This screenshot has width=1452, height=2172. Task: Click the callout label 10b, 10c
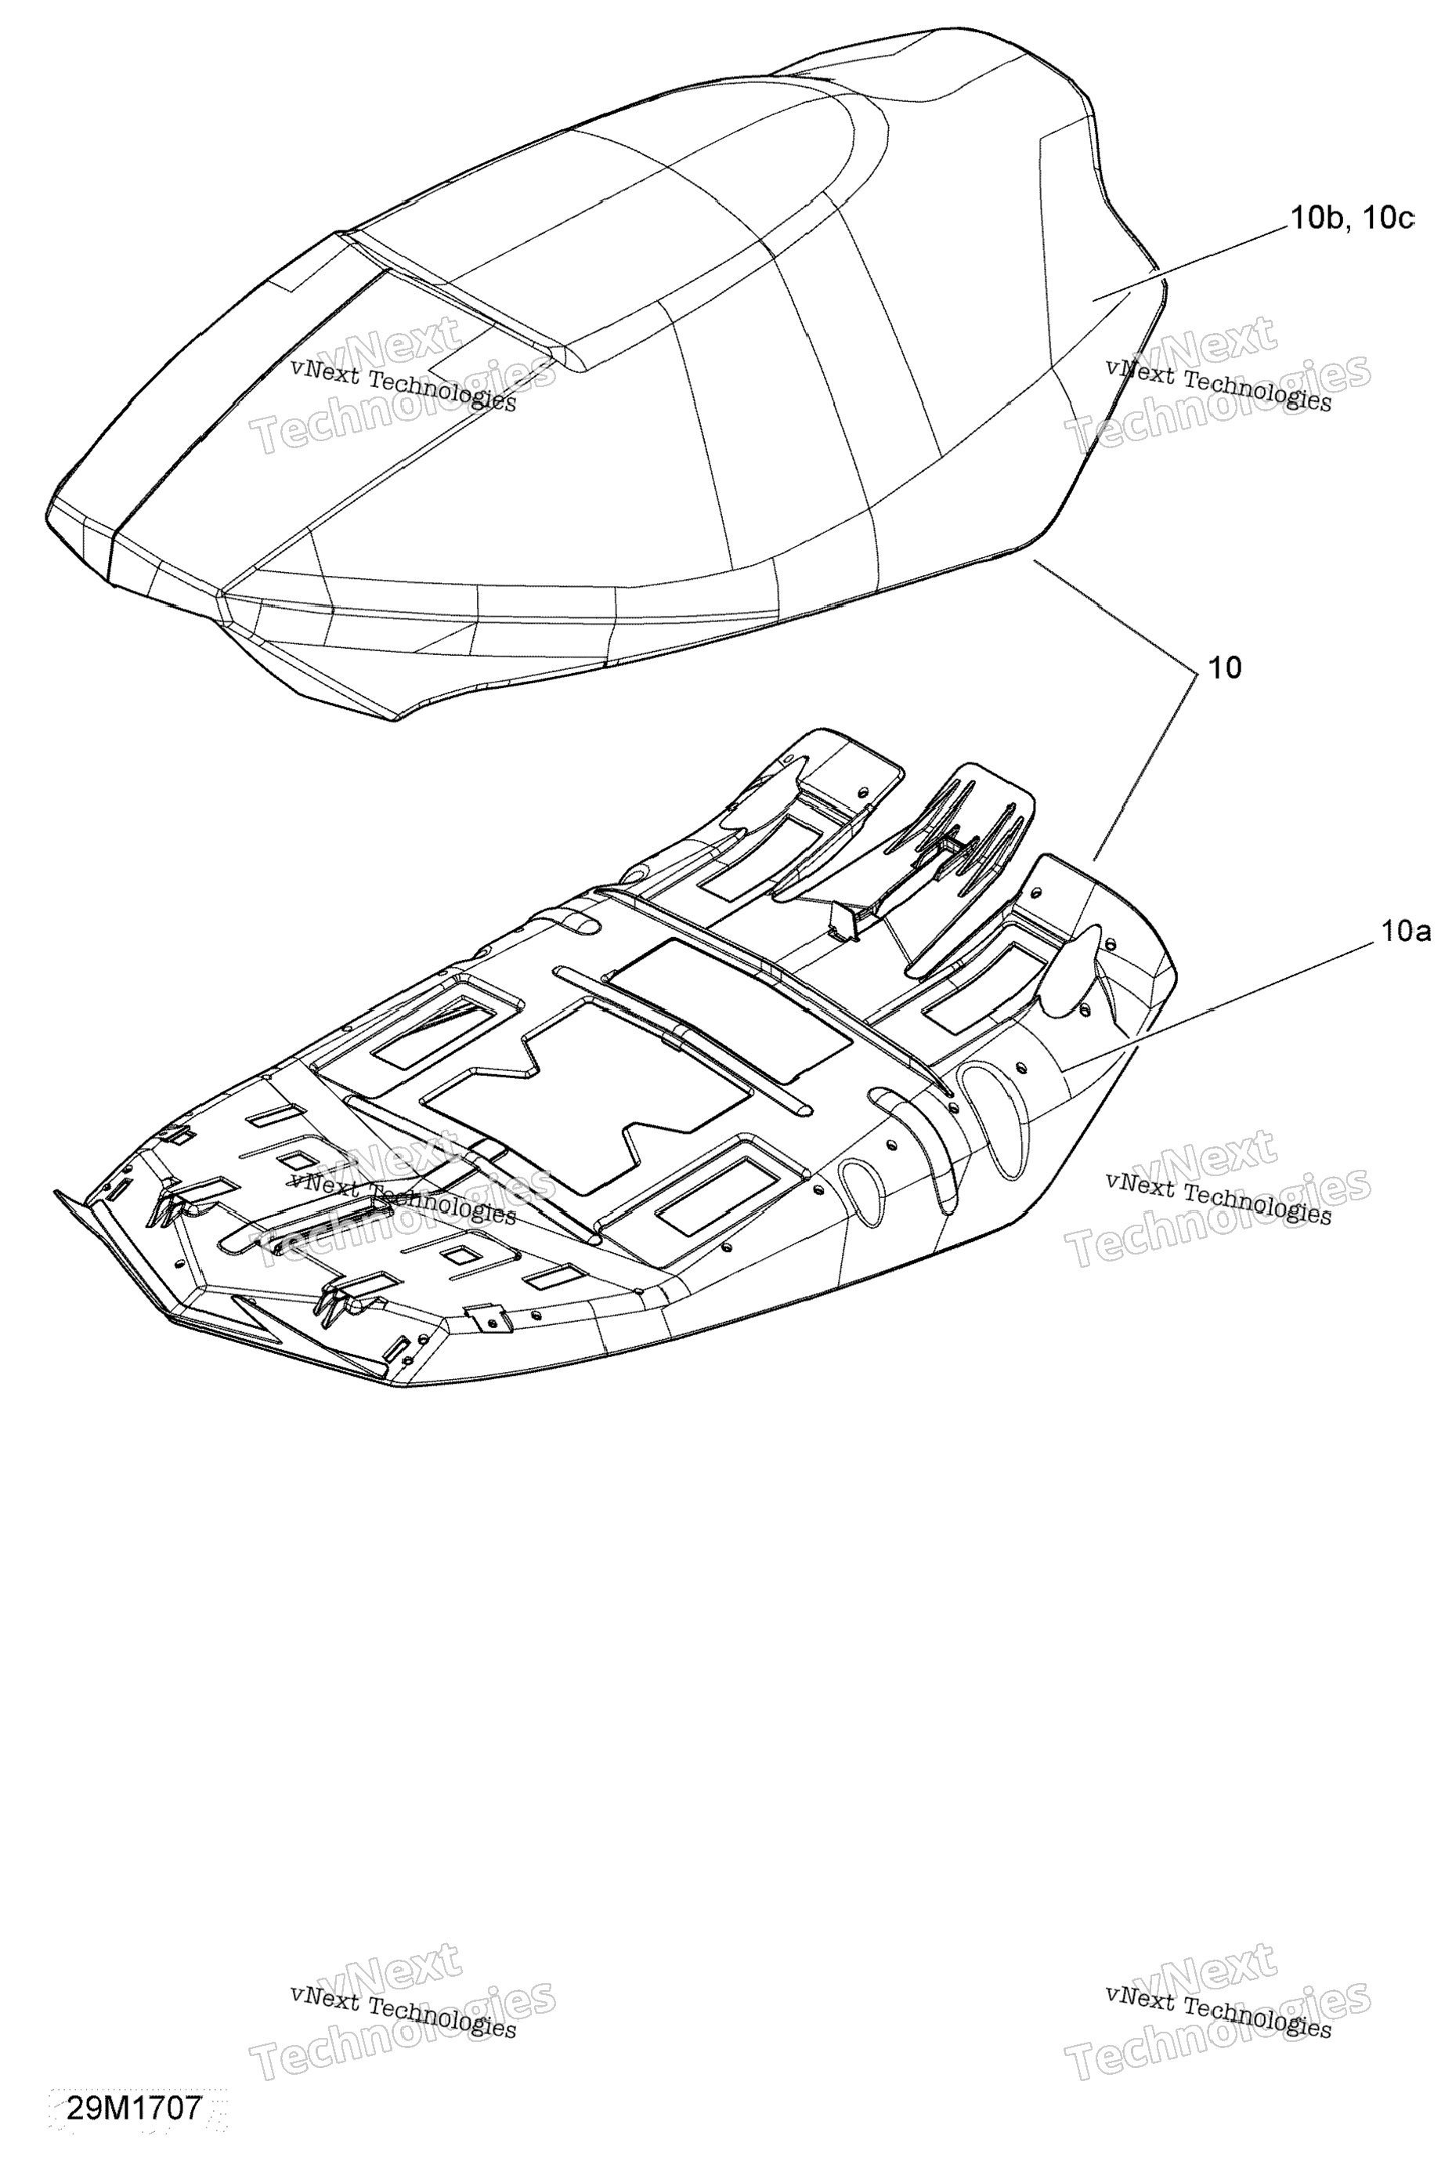1352,218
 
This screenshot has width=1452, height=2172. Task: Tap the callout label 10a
1406,932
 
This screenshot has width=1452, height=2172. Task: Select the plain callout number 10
1224,668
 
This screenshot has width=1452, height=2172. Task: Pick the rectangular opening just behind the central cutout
727,1007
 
